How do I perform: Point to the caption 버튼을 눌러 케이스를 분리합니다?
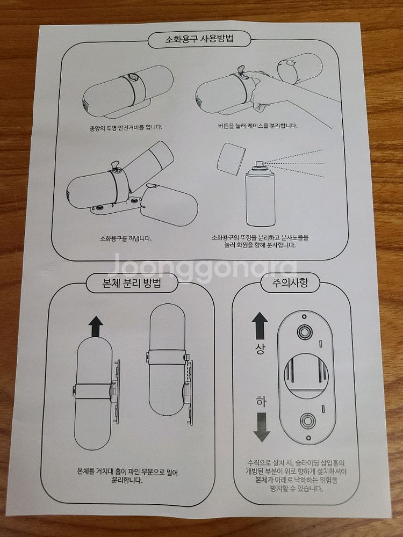(255, 126)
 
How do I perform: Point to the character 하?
(260, 402)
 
